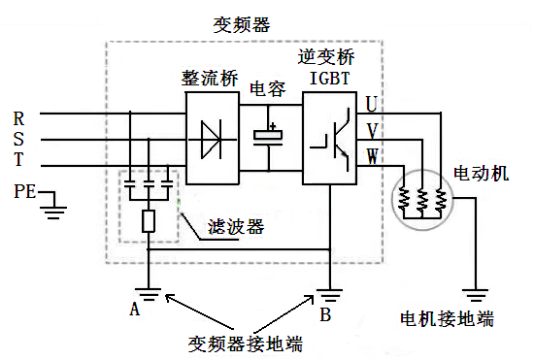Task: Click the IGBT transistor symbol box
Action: click(331, 138)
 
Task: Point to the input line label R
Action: click(18, 117)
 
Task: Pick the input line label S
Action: click(18, 138)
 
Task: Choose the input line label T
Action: click(18, 159)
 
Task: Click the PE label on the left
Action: click(24, 192)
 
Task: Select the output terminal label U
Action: click(372, 103)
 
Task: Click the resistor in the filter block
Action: click(149, 221)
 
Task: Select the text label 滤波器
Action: click(237, 228)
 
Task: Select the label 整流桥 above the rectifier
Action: click(211, 76)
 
